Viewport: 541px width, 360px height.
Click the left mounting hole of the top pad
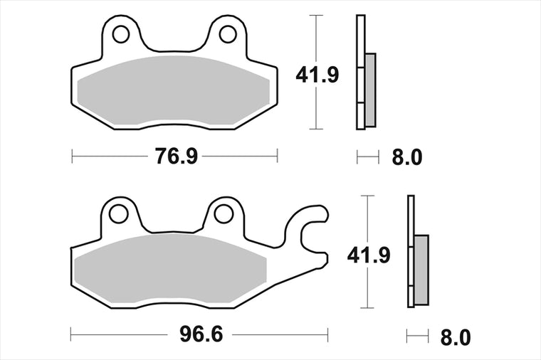coord(121,34)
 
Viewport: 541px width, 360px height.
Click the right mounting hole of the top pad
coord(228,34)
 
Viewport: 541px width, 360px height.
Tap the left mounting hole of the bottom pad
coord(118,213)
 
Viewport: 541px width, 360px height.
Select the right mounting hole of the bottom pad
coord(224,213)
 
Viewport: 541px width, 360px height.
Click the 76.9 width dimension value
coord(176,157)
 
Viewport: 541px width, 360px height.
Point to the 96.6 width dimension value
coord(201,334)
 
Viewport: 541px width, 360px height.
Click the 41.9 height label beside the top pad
coord(317,75)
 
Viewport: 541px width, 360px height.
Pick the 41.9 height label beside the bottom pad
coord(369,255)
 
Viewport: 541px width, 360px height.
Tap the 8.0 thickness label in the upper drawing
coord(406,157)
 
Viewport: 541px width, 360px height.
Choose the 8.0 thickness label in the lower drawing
coord(455,337)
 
